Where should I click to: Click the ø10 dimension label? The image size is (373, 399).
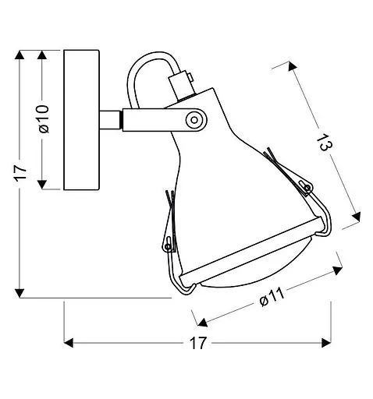pyautogui.click(x=44, y=118)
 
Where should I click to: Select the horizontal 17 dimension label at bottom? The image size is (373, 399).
pyautogui.click(x=198, y=343)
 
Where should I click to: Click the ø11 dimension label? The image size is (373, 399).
pyautogui.click(x=272, y=297)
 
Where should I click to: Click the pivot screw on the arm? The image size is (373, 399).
pyautogui.click(x=194, y=120)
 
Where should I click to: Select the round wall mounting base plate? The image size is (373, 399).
pyautogui.click(x=81, y=120)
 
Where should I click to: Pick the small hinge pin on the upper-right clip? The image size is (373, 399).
pyautogui.click(x=308, y=187)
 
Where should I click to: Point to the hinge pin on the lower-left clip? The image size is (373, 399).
pyautogui.click(x=168, y=246)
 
